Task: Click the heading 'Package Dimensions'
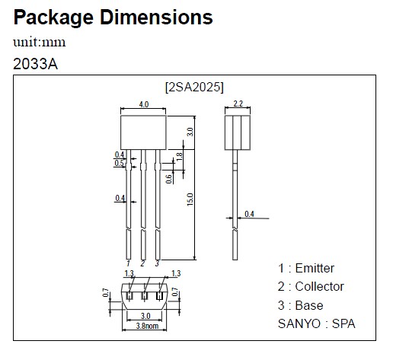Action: pyautogui.click(x=113, y=17)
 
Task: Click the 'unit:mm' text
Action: pyautogui.click(x=40, y=42)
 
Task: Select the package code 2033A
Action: pyautogui.click(x=35, y=63)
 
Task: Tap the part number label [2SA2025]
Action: pyautogui.click(x=194, y=86)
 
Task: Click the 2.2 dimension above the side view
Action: pyautogui.click(x=237, y=104)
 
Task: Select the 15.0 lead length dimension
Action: pyautogui.click(x=191, y=199)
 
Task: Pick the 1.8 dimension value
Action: pyautogui.click(x=179, y=156)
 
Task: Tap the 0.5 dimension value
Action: pyautogui.click(x=119, y=163)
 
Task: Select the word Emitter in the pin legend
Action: pyautogui.click(x=315, y=268)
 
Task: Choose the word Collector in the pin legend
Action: pyautogui.click(x=319, y=286)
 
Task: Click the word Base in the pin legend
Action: pyautogui.click(x=309, y=305)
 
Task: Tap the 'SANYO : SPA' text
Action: pyautogui.click(x=316, y=323)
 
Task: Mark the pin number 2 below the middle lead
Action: pyautogui.click(x=142, y=263)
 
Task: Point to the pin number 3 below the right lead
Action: pyautogui.click(x=157, y=263)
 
